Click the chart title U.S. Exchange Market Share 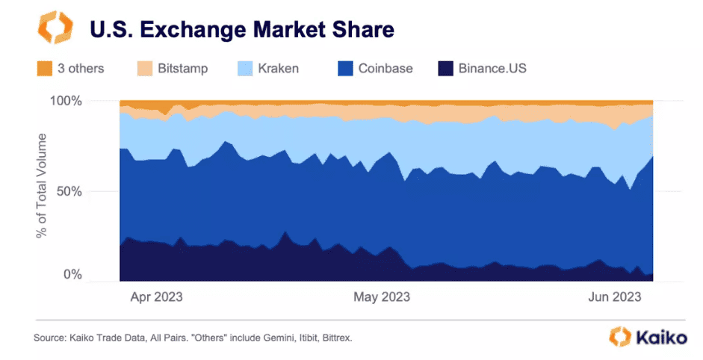(x=241, y=30)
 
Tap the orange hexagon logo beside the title (x=55, y=28)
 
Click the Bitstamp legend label (x=182, y=69)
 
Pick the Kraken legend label (x=278, y=69)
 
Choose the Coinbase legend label (x=385, y=69)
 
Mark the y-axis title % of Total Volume (x=43, y=186)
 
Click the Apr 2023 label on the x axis (x=156, y=297)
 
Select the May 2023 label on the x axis (x=381, y=297)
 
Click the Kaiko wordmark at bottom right (x=661, y=338)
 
